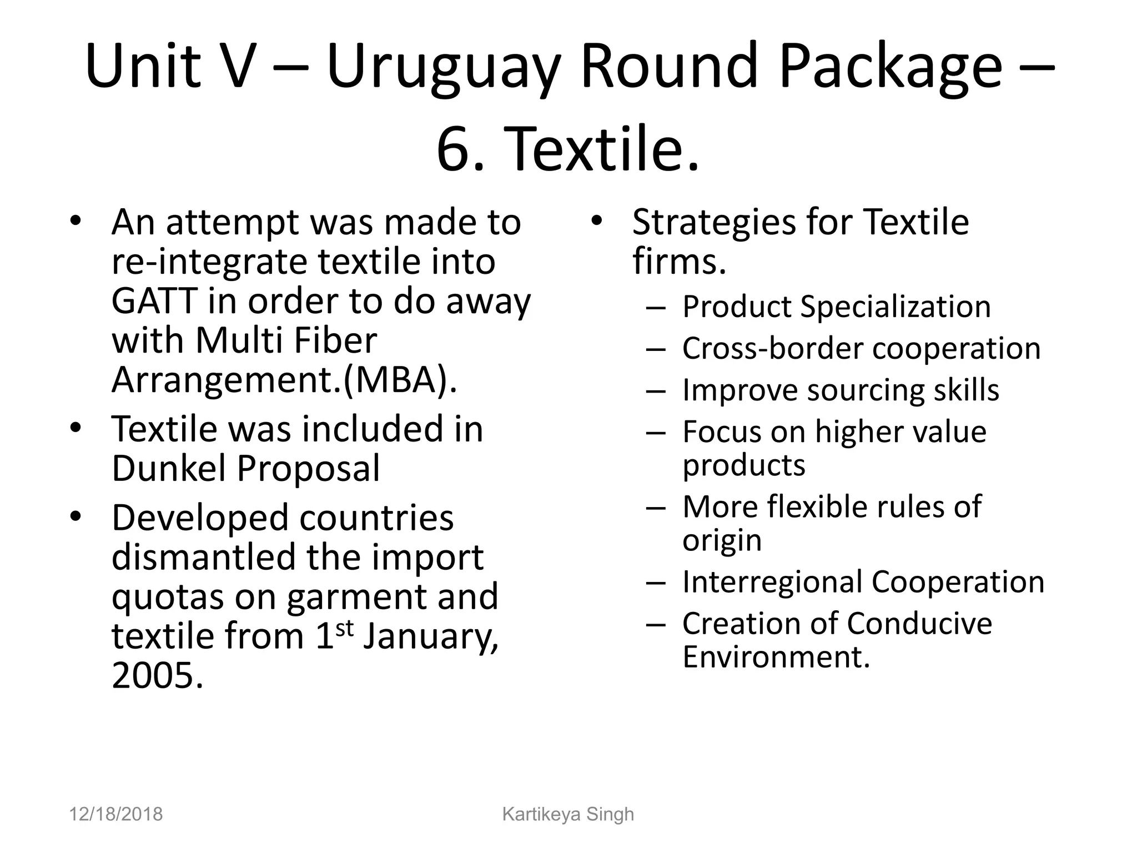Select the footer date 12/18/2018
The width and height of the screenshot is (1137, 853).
115,814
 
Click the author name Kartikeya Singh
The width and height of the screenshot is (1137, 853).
568,814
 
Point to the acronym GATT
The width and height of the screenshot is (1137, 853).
154,301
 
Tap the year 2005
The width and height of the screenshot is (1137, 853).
157,675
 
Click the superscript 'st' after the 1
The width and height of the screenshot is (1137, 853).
344,628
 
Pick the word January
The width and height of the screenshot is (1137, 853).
430,636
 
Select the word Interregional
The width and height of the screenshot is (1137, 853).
772,582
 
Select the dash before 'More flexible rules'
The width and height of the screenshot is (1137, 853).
656,507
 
